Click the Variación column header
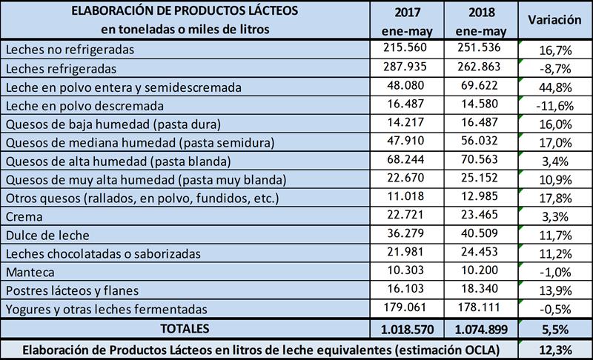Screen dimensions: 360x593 553,21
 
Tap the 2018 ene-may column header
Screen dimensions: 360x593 480,21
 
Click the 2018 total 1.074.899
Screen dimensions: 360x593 480,327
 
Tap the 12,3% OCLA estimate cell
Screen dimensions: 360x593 553,348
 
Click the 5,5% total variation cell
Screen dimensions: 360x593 553,327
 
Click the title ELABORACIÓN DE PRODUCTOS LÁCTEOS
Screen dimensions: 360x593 185,12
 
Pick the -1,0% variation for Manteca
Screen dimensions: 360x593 553,272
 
